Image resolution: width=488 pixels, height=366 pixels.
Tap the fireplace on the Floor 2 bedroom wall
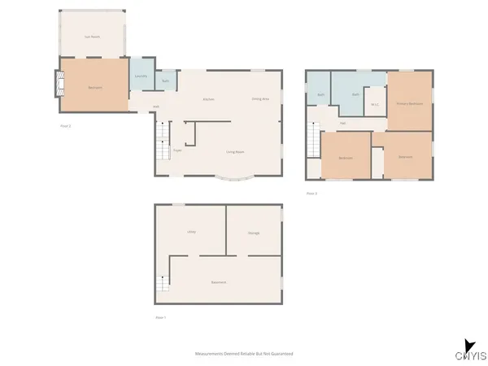pos(58,84)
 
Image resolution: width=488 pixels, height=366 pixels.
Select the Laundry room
pos(142,76)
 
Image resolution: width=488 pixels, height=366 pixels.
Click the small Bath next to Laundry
pos(165,81)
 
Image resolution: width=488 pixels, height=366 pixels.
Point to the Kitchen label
pos(208,99)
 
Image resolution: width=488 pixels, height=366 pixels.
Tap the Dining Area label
pos(260,99)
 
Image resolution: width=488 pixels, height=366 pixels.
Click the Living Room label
pos(236,152)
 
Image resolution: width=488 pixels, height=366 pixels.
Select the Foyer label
pos(177,150)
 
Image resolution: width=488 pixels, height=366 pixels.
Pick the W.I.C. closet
pos(375,103)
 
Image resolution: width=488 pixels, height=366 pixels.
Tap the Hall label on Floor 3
pos(342,123)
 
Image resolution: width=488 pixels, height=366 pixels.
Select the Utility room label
pos(192,233)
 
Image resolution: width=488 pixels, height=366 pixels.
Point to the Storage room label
pos(254,233)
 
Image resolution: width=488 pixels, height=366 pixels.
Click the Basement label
pos(218,282)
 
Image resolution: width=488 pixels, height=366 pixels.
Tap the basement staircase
pos(163,284)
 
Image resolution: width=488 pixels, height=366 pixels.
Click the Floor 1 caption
pos(160,316)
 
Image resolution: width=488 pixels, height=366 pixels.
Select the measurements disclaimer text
pos(243,354)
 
